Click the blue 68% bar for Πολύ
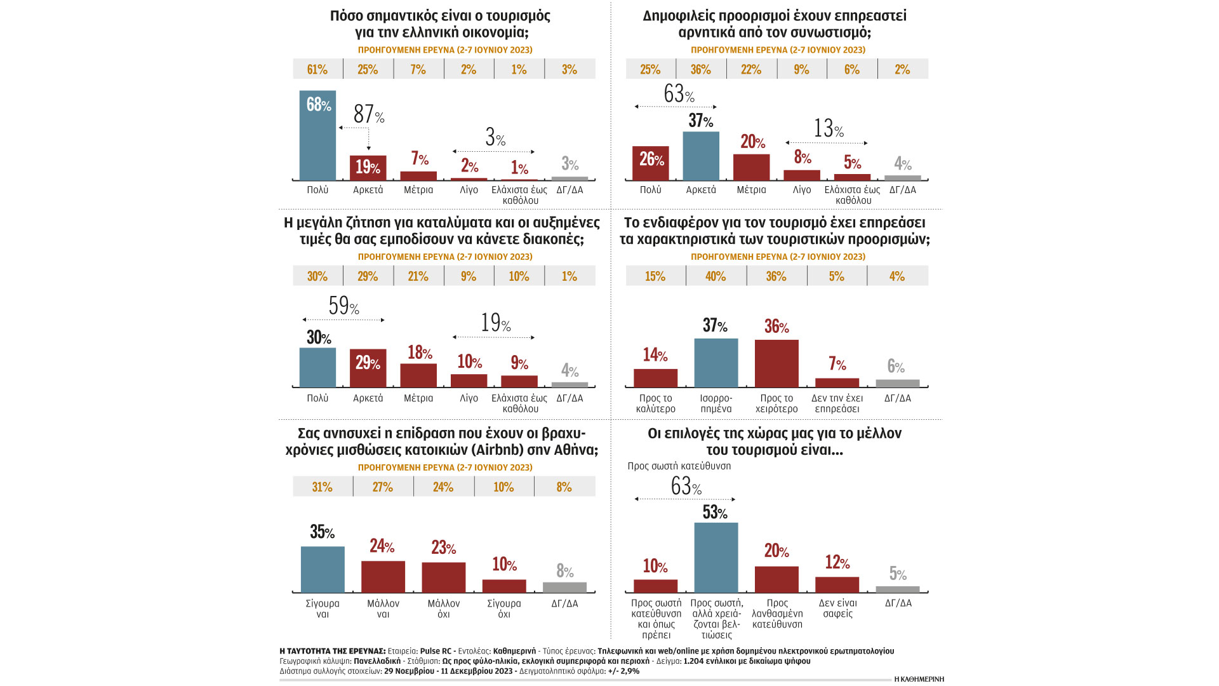[317, 136]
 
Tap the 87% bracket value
[368, 114]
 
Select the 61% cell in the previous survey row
[317, 69]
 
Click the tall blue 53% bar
[716, 558]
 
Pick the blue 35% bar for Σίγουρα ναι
[323, 570]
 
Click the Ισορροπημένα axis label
[716, 403]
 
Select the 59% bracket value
[343, 306]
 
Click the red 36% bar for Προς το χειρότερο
[776, 364]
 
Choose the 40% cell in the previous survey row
[716, 276]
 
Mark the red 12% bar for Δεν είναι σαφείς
[837, 585]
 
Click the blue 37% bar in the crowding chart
[701, 156]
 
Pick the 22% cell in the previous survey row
[751, 69]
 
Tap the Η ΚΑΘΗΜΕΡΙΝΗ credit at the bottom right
[919, 679]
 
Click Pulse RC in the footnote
[436, 651]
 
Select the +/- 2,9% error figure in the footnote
[623, 671]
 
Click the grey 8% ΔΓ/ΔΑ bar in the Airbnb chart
[564, 588]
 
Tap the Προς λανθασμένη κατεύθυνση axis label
[777, 614]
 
